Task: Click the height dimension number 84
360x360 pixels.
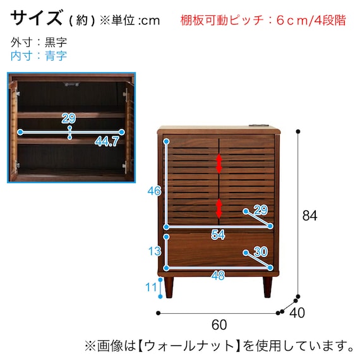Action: tap(309, 215)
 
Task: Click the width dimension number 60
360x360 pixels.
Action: tap(219, 325)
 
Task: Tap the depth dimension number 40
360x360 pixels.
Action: tap(299, 311)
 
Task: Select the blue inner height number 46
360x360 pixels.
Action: tap(153, 191)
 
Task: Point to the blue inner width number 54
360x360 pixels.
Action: tap(218, 235)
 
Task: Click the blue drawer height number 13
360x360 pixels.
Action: tap(154, 251)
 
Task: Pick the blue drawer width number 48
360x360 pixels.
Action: tap(218, 275)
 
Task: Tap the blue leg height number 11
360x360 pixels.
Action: tap(151, 287)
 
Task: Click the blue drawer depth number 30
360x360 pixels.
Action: tap(260, 252)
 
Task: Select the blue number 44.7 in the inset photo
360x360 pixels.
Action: tap(107, 142)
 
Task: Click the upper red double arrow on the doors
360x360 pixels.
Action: tap(219, 163)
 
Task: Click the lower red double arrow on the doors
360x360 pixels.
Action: tap(219, 208)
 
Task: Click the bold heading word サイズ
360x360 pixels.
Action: tap(37, 18)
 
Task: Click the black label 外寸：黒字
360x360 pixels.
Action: tap(39, 42)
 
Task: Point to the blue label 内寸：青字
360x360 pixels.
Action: tap(39, 56)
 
